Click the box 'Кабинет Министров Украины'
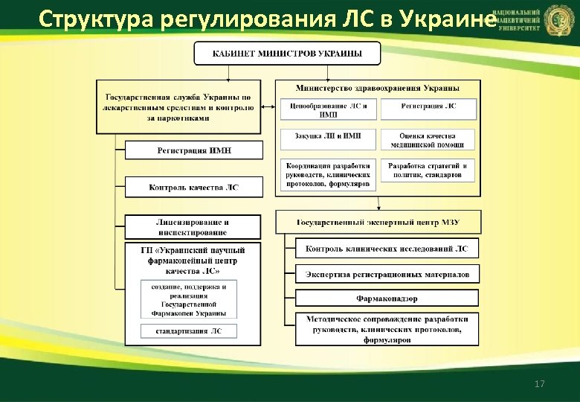point(287,54)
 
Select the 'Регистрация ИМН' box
point(194,150)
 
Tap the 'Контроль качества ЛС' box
point(194,187)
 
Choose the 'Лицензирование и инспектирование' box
point(193,227)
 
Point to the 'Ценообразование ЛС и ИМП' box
point(328,109)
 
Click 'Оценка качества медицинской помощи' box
point(430,139)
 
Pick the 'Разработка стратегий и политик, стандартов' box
point(430,170)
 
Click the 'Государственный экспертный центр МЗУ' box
point(378,222)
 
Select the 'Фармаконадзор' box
point(387,299)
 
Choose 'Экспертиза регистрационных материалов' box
point(387,274)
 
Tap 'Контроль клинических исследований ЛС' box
point(387,249)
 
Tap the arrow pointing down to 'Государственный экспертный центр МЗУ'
point(378,203)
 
